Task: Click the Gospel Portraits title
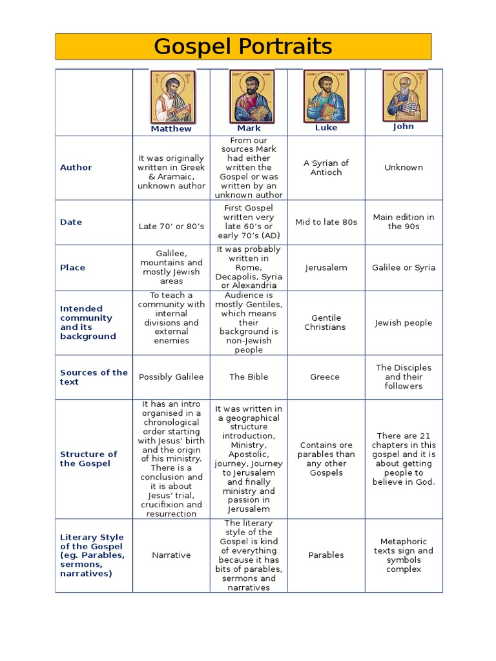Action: click(x=243, y=46)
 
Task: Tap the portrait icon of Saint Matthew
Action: click(x=172, y=97)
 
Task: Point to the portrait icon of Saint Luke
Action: click(x=326, y=96)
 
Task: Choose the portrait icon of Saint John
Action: click(x=404, y=95)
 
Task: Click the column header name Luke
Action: click(x=326, y=128)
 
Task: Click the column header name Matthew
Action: click(x=171, y=128)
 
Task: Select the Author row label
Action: click(x=76, y=167)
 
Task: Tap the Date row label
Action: click(x=71, y=222)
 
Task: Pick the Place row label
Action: click(x=72, y=267)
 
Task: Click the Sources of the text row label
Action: click(x=94, y=377)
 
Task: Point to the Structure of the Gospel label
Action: click(x=88, y=459)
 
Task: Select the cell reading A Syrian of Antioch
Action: click(x=326, y=167)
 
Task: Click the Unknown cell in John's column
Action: click(x=404, y=167)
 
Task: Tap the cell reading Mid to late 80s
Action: click(x=326, y=222)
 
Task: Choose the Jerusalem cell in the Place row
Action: click(x=326, y=267)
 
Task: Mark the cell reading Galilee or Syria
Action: click(x=404, y=267)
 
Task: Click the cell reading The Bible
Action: click(x=249, y=377)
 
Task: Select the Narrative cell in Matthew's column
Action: click(x=171, y=555)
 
